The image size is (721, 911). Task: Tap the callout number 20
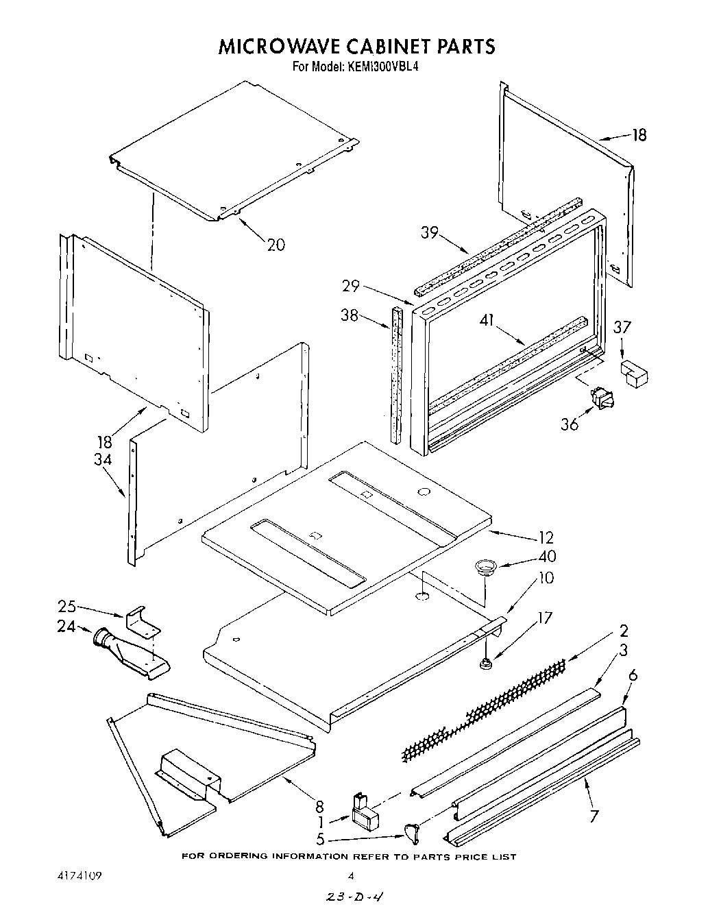pyautogui.click(x=276, y=244)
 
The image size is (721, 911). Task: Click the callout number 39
pyautogui.click(x=430, y=232)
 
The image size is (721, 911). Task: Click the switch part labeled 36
pyautogui.click(x=601, y=398)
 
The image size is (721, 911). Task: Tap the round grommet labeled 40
pyautogui.click(x=485, y=566)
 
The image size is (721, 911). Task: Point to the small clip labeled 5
pyautogui.click(x=412, y=832)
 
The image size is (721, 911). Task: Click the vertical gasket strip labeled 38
pyautogui.click(x=396, y=374)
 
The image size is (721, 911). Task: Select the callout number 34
pyautogui.click(x=103, y=459)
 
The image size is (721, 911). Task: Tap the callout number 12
pyautogui.click(x=546, y=538)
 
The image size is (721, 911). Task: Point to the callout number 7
pyautogui.click(x=594, y=816)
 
